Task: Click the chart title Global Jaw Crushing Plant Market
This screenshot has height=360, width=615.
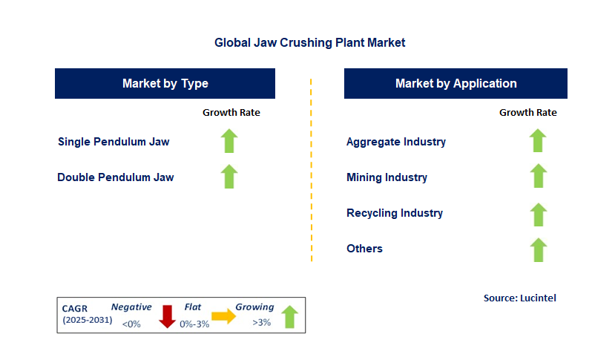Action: tap(309, 43)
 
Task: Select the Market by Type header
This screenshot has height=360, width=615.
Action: tap(165, 83)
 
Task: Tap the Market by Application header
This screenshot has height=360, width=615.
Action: tap(456, 83)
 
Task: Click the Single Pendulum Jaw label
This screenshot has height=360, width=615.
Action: tap(114, 141)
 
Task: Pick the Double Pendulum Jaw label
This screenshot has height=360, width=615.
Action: tap(116, 177)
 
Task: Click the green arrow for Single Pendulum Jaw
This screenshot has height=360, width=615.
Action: tap(229, 140)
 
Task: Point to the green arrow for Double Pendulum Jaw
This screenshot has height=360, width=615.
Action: tap(229, 177)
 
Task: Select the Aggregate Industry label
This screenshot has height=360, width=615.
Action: tap(396, 141)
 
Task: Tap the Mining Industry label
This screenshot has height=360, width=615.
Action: tap(387, 177)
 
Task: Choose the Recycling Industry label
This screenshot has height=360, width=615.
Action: tap(395, 213)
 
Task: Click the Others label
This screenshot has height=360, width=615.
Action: tap(364, 249)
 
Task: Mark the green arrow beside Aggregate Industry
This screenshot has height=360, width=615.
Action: tap(538, 140)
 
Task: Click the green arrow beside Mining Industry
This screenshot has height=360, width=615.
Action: tap(538, 177)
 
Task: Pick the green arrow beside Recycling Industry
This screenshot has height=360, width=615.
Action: tap(538, 215)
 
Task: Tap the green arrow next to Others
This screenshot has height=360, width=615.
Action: tap(538, 250)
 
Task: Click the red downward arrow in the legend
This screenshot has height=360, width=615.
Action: tap(167, 315)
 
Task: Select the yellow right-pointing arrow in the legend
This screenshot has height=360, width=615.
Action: tap(223, 315)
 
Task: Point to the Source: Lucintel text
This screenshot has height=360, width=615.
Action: tap(519, 298)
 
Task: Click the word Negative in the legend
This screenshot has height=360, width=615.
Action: tap(131, 307)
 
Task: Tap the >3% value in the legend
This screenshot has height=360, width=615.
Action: tap(262, 323)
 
